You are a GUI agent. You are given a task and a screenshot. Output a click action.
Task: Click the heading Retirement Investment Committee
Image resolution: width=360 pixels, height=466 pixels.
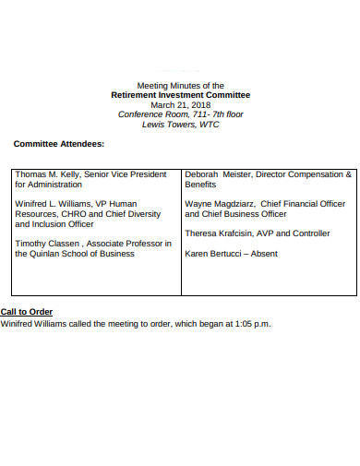tap(180, 95)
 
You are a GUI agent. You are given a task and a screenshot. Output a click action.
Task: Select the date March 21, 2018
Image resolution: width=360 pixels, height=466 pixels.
tap(180, 104)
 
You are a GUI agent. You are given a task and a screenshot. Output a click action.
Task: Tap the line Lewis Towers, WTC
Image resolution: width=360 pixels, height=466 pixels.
tap(180, 125)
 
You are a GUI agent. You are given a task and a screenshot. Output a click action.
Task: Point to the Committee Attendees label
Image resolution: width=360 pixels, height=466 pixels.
tap(58, 144)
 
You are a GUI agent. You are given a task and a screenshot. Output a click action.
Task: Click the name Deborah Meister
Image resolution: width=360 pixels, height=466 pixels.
tap(217, 173)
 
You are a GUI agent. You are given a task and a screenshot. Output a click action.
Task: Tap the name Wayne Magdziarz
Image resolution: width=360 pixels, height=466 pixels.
tap(219, 203)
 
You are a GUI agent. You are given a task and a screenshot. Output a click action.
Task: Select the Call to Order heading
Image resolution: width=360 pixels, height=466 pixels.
tap(27, 312)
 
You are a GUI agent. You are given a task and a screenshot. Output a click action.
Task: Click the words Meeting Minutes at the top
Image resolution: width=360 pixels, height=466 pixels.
tap(165, 85)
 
